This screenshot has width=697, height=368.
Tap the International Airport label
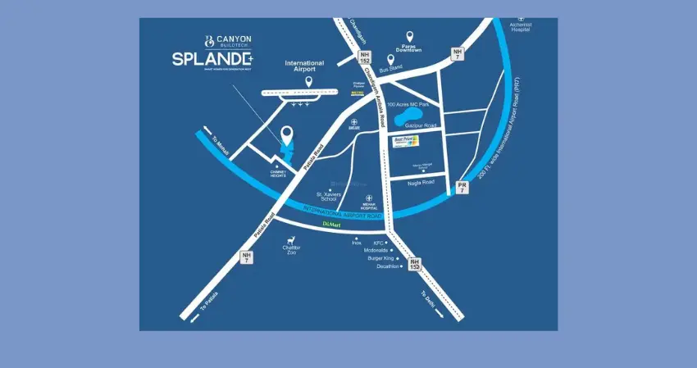(x=304, y=66)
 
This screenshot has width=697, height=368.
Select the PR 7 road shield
(x=462, y=188)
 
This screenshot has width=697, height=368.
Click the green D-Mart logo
(x=330, y=223)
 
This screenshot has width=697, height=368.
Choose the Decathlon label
(x=388, y=266)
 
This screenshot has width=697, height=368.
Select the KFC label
(x=379, y=243)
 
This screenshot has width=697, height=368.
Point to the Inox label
(x=357, y=243)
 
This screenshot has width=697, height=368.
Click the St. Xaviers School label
(x=328, y=197)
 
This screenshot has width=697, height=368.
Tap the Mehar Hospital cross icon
(x=369, y=198)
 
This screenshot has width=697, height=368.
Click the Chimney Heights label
(x=276, y=173)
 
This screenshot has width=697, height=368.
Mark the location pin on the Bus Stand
(x=389, y=59)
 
